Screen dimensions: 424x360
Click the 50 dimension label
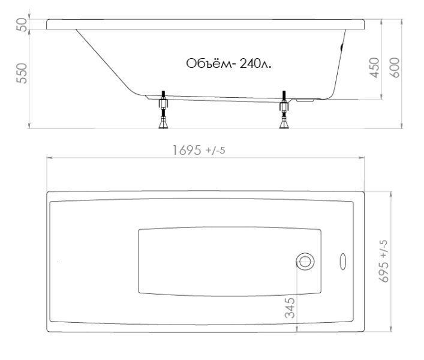pos(22,25)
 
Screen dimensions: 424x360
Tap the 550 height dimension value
pos(22,73)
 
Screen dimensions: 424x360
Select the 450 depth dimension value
pos(375,68)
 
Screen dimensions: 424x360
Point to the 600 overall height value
pos(395,68)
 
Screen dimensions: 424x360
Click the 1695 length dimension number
pos(187,151)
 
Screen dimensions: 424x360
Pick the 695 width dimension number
pos(384,272)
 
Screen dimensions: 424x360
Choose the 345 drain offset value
pos(290,308)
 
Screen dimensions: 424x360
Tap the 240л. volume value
pos(255,64)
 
